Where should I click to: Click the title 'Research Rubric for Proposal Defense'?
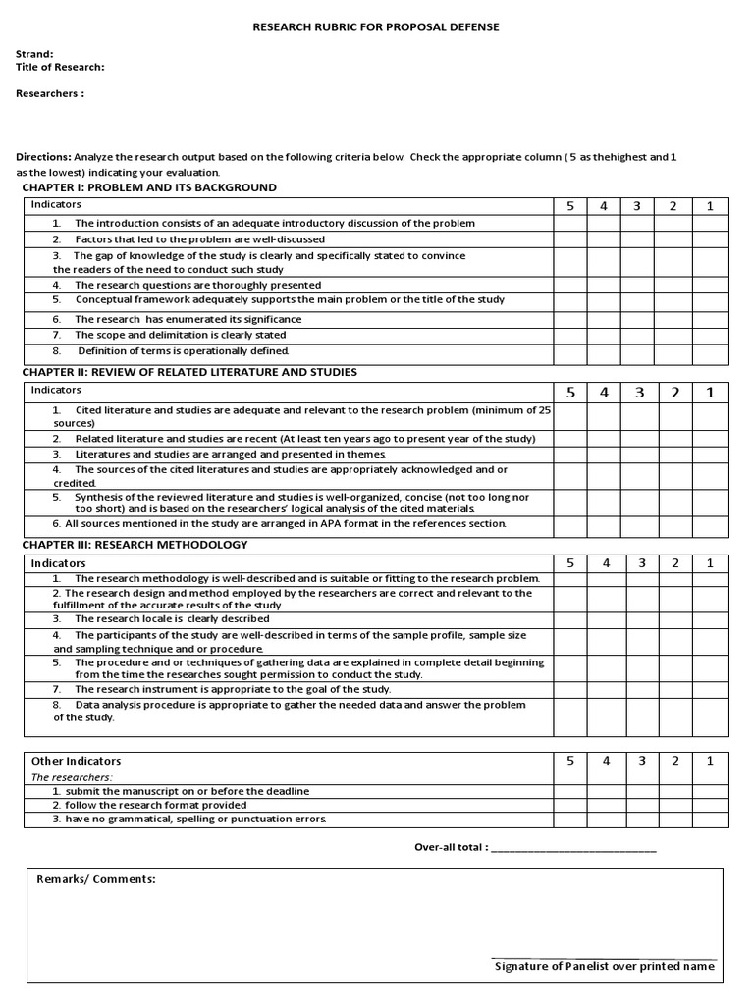(377, 27)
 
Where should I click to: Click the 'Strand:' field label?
(34, 54)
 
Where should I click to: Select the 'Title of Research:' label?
(60, 67)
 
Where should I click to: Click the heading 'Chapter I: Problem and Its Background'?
(149, 187)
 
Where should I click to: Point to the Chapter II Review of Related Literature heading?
(189, 372)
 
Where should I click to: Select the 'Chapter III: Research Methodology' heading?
(135, 544)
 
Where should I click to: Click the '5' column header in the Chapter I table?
(569, 206)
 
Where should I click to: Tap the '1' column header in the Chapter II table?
(711, 393)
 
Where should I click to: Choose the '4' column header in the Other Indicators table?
(606, 761)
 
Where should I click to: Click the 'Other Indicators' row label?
(77, 761)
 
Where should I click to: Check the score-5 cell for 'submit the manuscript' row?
(569, 791)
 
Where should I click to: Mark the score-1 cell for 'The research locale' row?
(711, 619)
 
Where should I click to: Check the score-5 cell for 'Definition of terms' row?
(569, 353)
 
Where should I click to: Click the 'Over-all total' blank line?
(573, 847)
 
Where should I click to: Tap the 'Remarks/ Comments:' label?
(96, 879)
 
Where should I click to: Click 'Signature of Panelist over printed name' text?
(605, 967)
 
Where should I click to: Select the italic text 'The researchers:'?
(72, 777)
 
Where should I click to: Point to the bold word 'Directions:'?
(44, 157)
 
